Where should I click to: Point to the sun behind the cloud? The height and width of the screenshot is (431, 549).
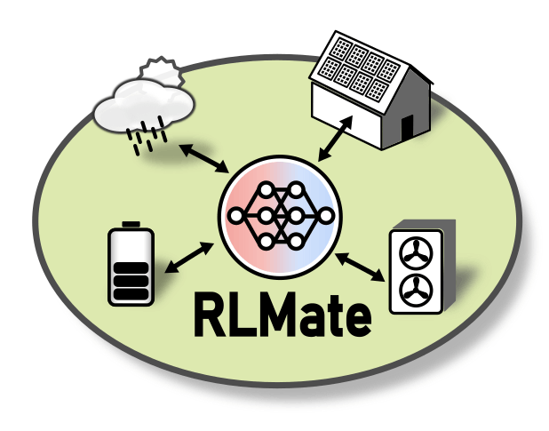[163, 70]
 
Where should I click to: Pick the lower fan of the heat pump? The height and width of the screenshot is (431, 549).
[412, 290]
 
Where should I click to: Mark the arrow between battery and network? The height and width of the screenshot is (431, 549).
[188, 257]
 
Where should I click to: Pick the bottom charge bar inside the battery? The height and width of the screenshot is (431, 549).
[131, 294]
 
